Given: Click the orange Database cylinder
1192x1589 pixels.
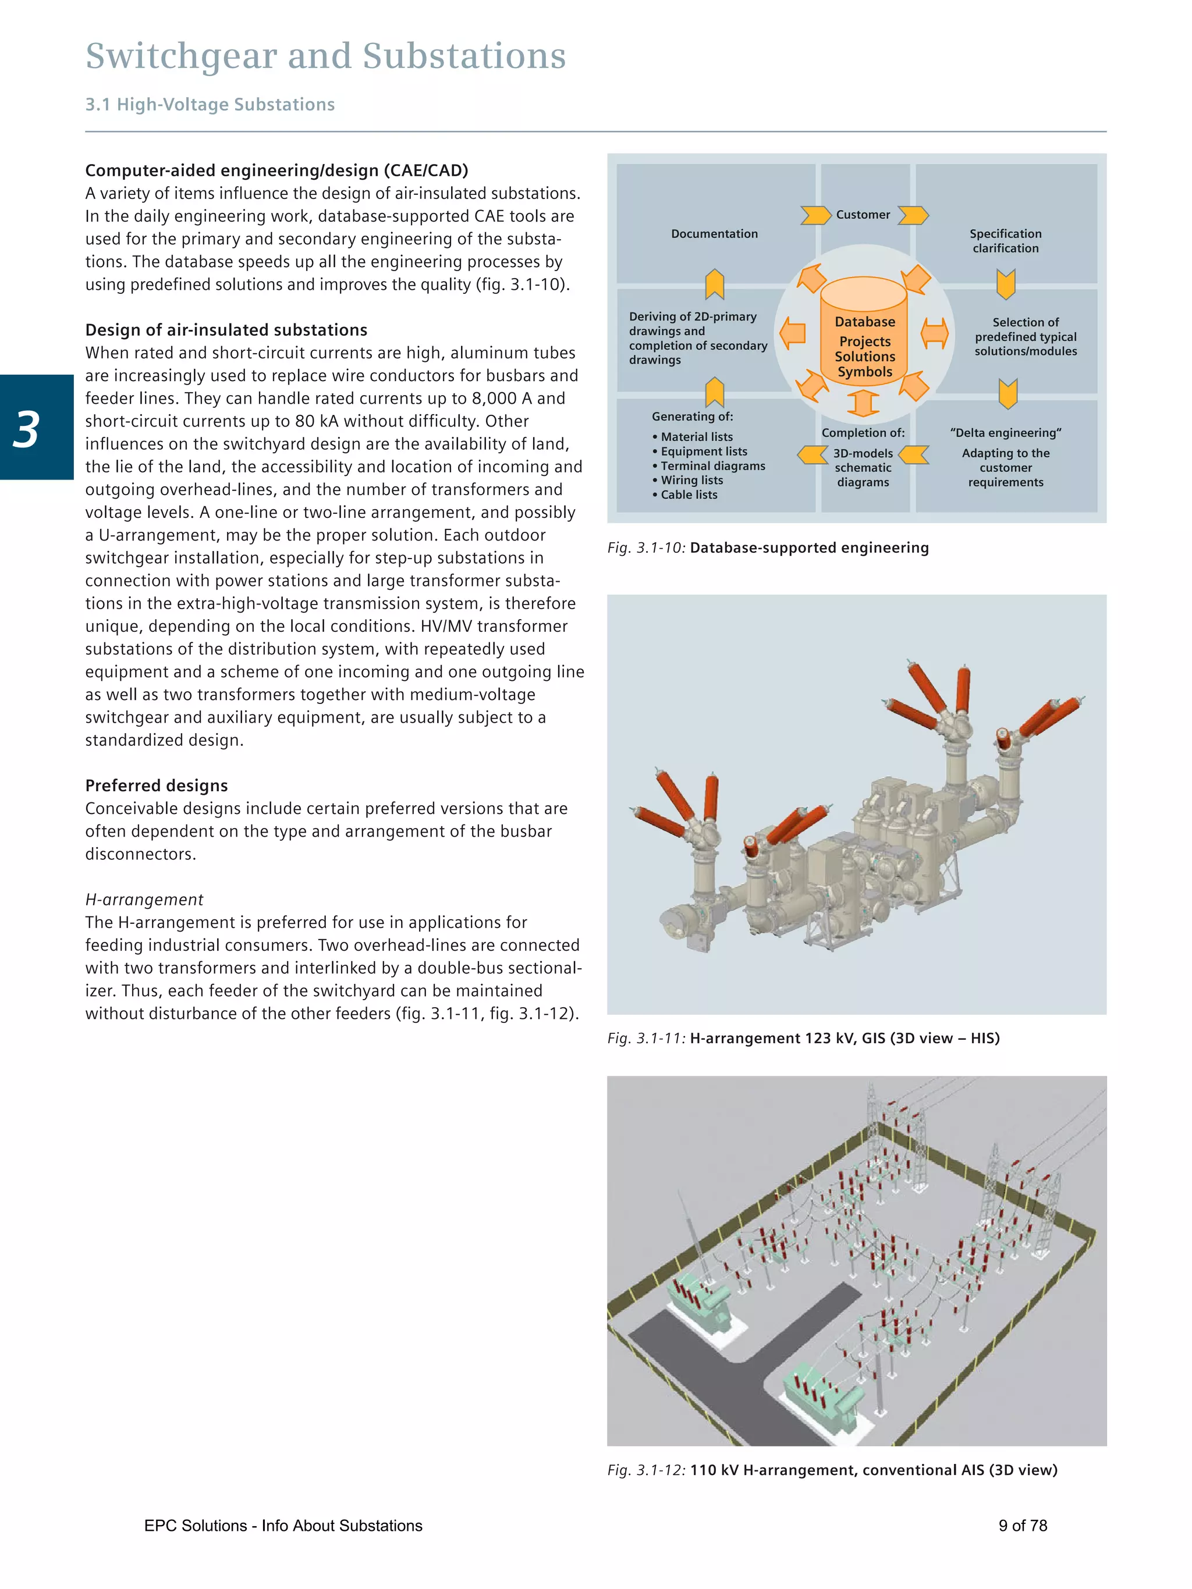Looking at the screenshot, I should pyautogui.click(x=864, y=330).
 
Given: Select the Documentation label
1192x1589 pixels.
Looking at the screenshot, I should pyautogui.click(x=714, y=233).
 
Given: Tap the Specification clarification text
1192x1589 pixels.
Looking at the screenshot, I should pyautogui.click(x=1005, y=241).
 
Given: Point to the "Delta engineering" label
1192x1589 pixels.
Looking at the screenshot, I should pyautogui.click(x=1005, y=432).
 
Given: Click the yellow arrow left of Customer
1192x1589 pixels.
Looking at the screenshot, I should pyautogui.click(x=815, y=215).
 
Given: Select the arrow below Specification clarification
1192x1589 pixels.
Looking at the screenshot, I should pyautogui.click(x=1005, y=285).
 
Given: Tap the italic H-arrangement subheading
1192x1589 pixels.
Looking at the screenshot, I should pyautogui.click(x=144, y=900).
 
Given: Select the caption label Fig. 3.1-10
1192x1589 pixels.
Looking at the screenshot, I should pyautogui.click(x=646, y=548).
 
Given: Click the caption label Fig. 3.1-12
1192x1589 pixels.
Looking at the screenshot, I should pyautogui.click(x=646, y=1470).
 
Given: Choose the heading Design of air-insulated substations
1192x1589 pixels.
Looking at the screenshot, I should pyautogui.click(x=226, y=330).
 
